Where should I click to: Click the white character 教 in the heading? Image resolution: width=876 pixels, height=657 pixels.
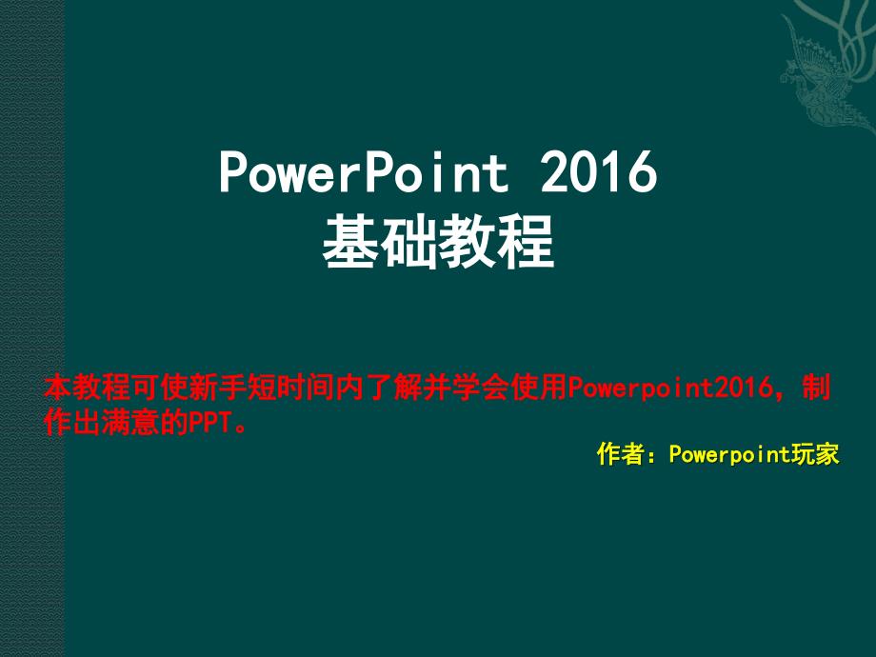pyautogui.click(x=468, y=243)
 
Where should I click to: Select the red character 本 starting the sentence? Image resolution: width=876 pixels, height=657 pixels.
pyautogui.click(x=58, y=388)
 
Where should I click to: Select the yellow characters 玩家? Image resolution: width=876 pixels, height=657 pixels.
pyautogui.click(x=817, y=454)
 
